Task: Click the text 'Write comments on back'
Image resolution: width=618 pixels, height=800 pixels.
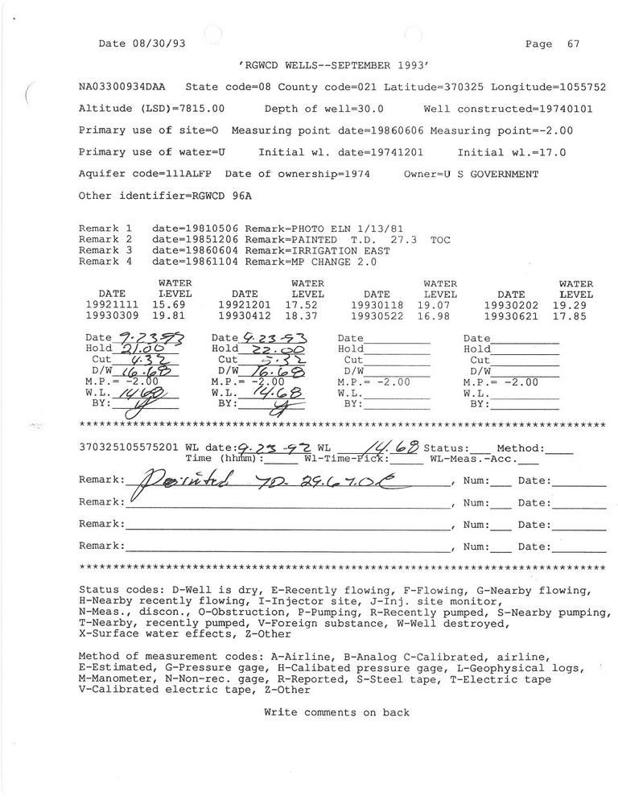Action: (x=336, y=712)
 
